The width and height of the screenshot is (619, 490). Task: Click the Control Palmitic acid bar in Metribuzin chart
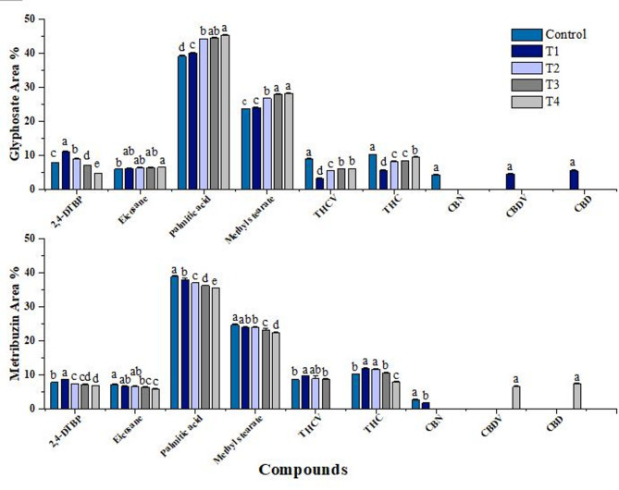(174, 342)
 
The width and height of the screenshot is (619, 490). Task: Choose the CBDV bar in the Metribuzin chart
(516, 397)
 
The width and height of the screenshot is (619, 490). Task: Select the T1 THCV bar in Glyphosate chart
(319, 183)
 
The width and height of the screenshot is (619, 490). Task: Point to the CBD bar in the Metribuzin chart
(576, 396)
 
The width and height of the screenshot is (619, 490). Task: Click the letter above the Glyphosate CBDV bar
(509, 166)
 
